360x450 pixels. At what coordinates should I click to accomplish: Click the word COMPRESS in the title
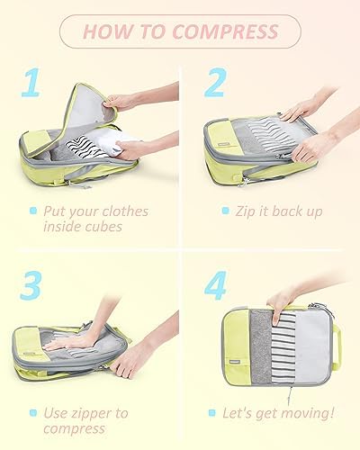tap(225, 31)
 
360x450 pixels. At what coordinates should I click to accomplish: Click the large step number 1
tap(31, 82)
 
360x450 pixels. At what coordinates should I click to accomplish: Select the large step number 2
tap(215, 82)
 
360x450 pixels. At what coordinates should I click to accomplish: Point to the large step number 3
tap(31, 285)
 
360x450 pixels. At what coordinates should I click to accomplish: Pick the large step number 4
tap(216, 285)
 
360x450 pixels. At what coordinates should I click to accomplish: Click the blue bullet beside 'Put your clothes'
tap(33, 211)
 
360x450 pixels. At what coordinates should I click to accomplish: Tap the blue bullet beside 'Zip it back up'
tap(225, 211)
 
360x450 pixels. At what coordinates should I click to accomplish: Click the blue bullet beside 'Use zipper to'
tap(33, 413)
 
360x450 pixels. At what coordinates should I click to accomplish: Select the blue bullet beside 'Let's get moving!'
tap(212, 413)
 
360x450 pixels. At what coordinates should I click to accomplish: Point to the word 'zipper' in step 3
tap(91, 414)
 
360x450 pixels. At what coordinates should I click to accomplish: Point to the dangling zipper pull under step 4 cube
tap(290, 395)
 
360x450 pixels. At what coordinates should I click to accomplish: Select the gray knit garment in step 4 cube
tap(261, 347)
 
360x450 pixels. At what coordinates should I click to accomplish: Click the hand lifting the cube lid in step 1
tap(120, 102)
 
